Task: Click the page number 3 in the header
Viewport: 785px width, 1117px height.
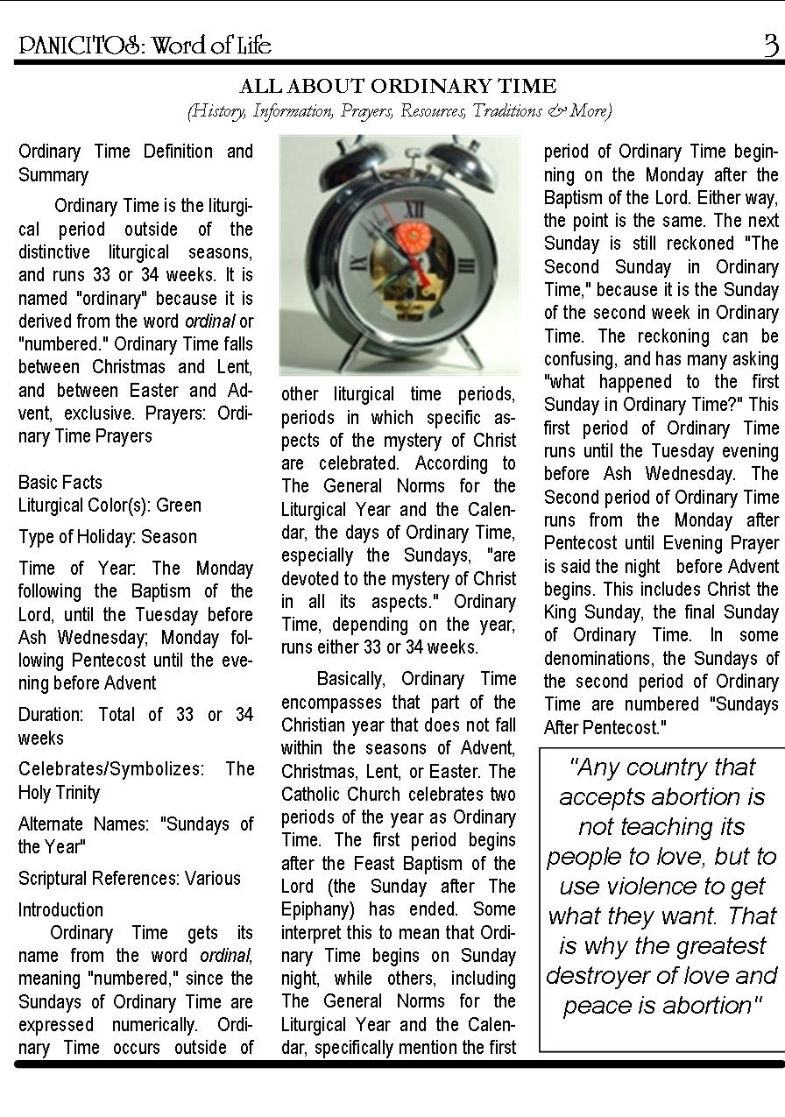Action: click(771, 44)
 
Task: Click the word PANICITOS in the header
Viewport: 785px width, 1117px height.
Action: click(78, 46)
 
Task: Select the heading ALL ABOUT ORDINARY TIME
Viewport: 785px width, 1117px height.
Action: click(398, 86)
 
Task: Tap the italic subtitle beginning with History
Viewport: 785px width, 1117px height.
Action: click(399, 110)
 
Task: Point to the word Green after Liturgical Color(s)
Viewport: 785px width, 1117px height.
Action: click(180, 505)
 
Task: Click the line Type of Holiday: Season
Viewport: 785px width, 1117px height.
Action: click(108, 536)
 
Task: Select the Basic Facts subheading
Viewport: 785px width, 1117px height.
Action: click(60, 483)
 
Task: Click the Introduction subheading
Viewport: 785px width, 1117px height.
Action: click(60, 909)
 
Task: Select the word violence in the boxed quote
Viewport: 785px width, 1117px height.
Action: click(663, 887)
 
